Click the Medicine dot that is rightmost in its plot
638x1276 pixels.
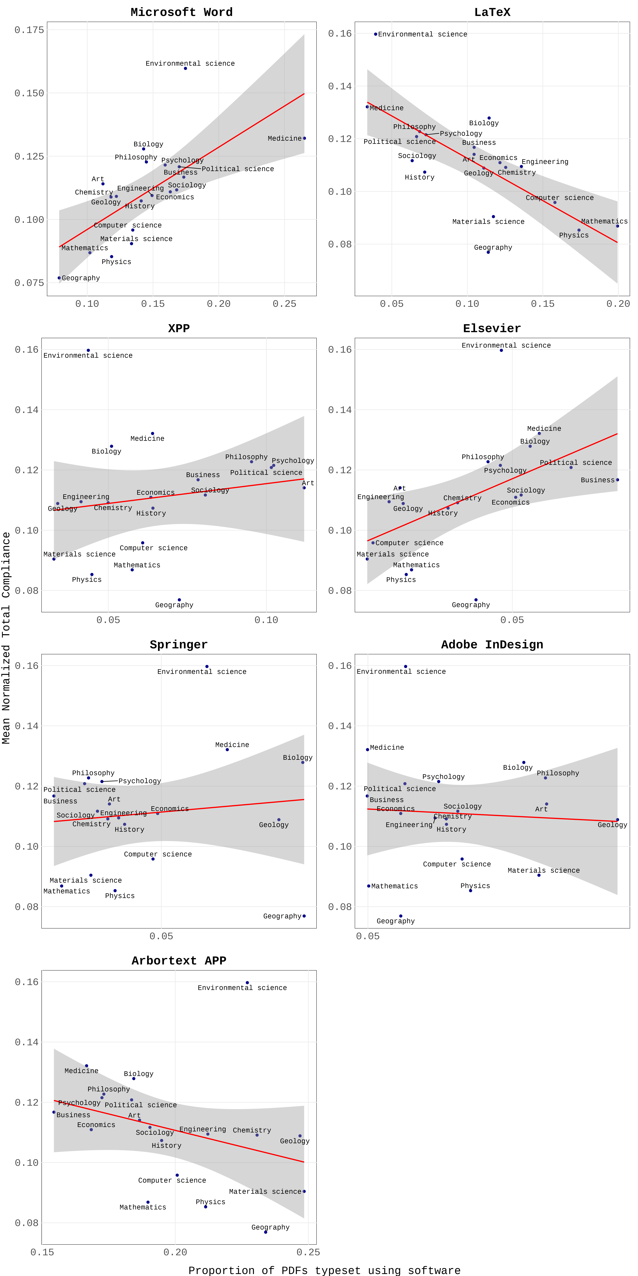[304, 138]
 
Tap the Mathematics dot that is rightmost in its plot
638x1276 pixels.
[617, 226]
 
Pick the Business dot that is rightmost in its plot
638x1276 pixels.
[617, 479]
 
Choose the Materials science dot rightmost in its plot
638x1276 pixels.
[304, 1191]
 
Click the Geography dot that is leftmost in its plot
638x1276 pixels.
[59, 278]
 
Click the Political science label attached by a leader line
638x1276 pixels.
[238, 169]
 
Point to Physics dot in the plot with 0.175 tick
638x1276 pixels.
[112, 257]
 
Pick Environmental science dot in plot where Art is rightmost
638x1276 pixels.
[88, 350]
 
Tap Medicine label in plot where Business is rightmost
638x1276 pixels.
[544, 429]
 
